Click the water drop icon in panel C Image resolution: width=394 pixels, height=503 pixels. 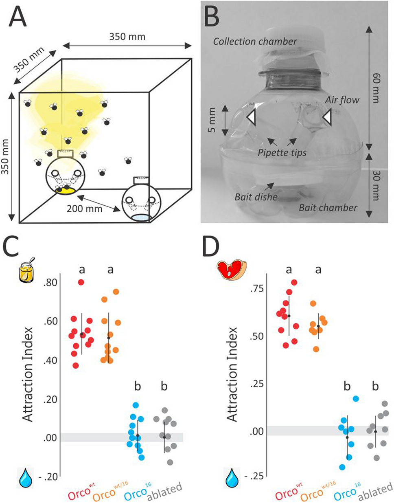26,477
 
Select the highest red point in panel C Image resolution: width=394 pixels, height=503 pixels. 81,282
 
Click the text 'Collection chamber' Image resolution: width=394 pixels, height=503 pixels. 255,41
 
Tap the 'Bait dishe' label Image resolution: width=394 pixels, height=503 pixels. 256,197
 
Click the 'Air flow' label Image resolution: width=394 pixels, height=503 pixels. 342,100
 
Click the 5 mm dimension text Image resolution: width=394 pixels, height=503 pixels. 212,121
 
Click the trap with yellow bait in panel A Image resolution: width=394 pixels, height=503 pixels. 65,175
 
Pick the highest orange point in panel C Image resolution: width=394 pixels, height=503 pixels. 116,292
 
